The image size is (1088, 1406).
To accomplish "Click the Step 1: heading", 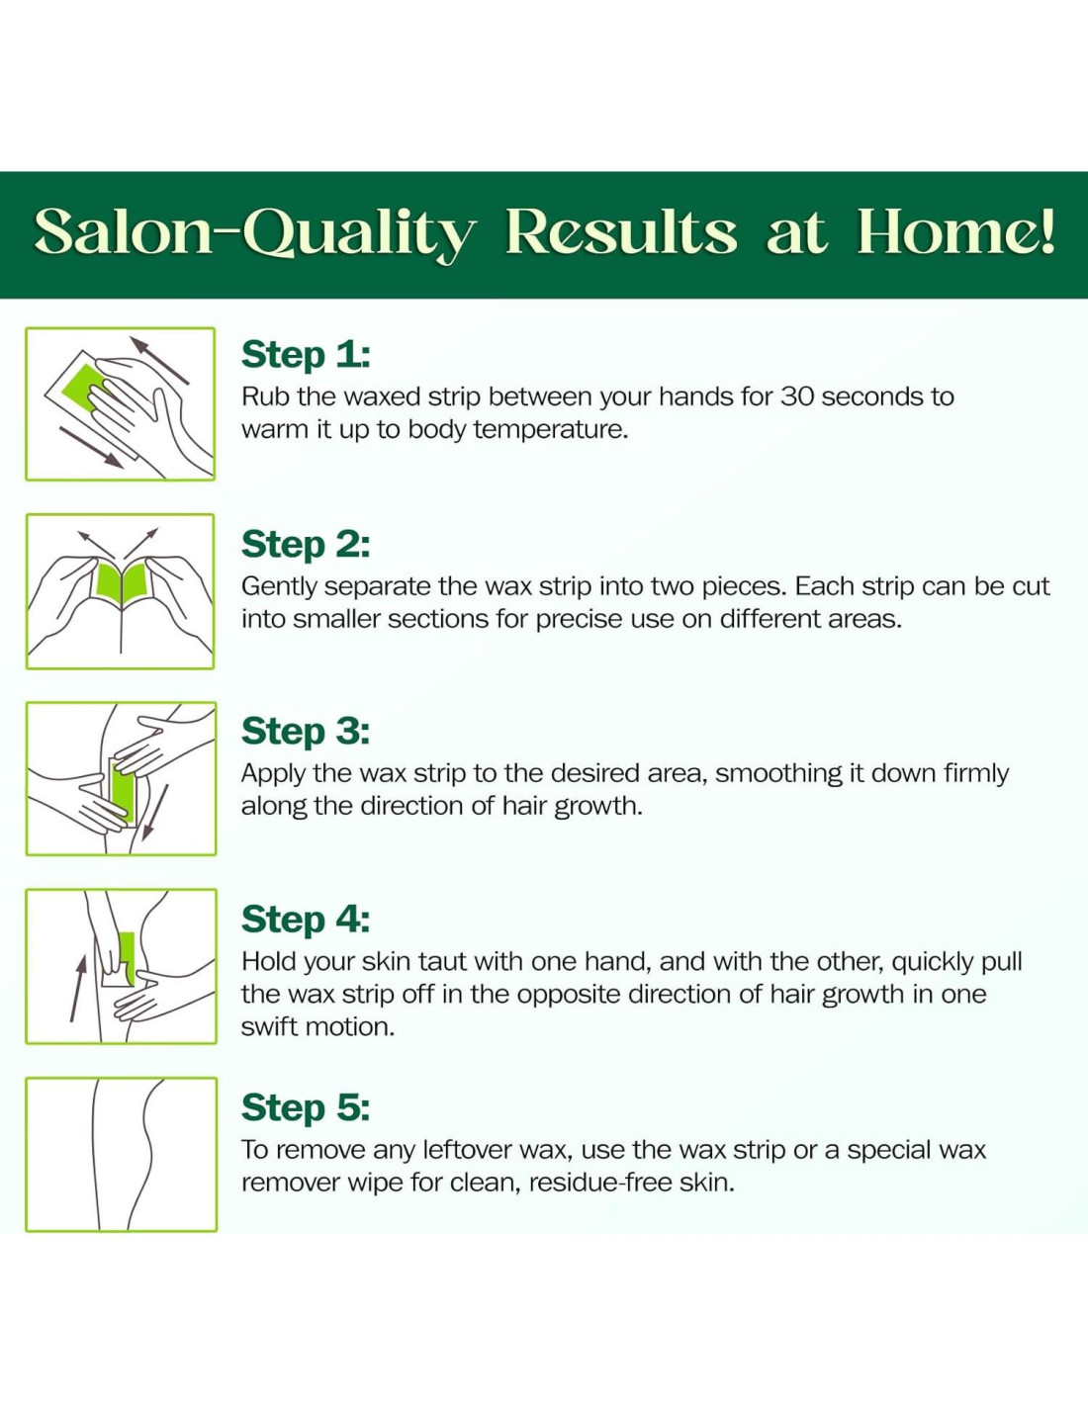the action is point(306,355).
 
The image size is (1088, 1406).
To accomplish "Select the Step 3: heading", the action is point(306,732).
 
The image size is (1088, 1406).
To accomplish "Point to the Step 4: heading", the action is point(306,920).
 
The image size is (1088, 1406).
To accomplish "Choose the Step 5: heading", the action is point(306,1107).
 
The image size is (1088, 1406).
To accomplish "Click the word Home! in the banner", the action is point(955,231).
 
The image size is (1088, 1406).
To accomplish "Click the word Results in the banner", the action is point(621,231).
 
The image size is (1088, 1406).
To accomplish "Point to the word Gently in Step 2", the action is point(279,587).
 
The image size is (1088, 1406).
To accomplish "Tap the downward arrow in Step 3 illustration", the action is point(154,813).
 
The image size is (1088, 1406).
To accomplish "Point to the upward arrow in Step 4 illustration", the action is point(78,990).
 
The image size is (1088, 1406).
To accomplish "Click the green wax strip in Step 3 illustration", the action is point(123,791).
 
